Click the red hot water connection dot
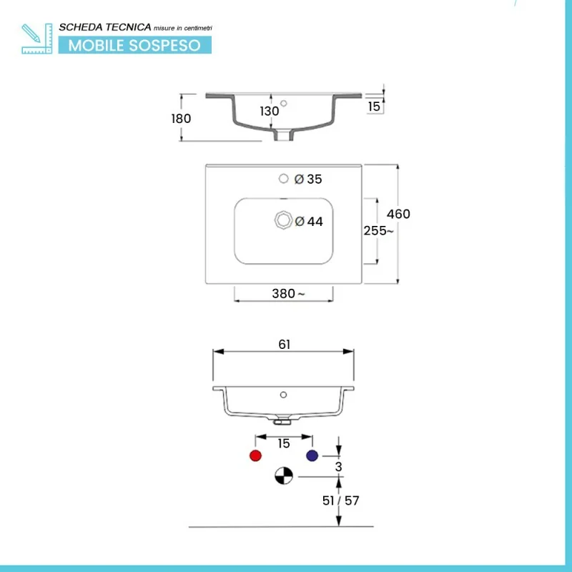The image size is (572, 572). (x=255, y=456)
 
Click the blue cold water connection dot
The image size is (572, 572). (x=312, y=456)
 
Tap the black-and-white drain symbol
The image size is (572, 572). (x=284, y=475)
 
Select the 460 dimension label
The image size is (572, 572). (x=398, y=214)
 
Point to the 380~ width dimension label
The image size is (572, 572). (x=287, y=293)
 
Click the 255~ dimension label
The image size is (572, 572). (x=378, y=231)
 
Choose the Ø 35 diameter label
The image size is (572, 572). (x=309, y=179)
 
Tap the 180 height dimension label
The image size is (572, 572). (x=182, y=119)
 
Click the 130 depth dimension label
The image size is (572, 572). (x=269, y=112)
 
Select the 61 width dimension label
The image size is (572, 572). (x=284, y=345)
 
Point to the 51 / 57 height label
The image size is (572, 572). (x=341, y=500)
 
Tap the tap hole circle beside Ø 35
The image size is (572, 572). (x=284, y=179)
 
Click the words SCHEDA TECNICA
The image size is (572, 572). (x=105, y=26)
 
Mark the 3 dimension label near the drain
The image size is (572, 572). (x=339, y=467)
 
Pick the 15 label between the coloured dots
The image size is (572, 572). (x=284, y=443)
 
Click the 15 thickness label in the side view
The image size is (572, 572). (x=373, y=107)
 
